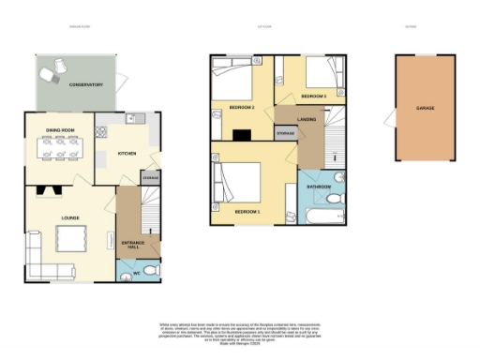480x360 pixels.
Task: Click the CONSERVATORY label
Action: coord(85,85)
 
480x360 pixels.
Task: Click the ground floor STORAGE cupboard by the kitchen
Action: coord(149,177)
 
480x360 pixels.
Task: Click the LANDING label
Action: coord(307,120)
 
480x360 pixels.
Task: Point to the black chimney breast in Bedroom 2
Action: coord(243,134)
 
